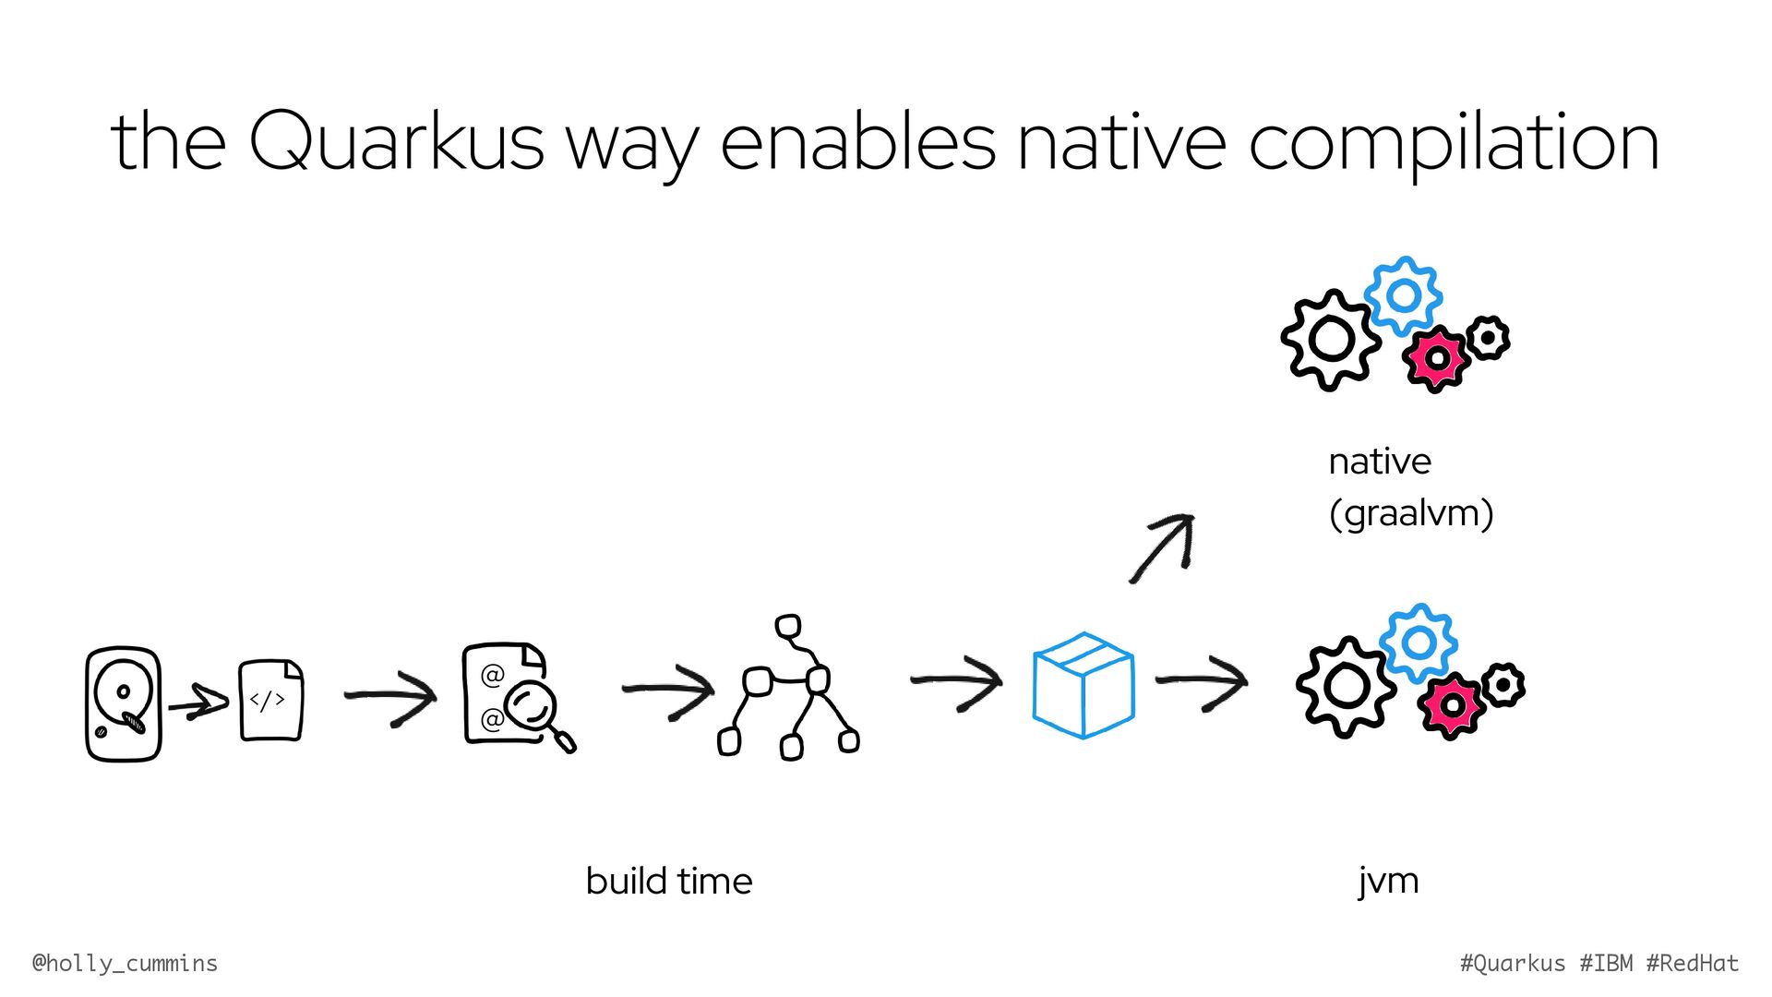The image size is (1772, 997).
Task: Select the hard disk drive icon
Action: [x=124, y=703]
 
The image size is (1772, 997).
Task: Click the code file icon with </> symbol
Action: [x=270, y=700]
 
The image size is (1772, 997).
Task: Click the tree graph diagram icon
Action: [x=788, y=688]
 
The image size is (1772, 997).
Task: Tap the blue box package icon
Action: [x=1083, y=685]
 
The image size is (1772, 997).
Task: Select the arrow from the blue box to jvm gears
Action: [x=1202, y=682]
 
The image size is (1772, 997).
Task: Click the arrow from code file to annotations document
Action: [x=389, y=695]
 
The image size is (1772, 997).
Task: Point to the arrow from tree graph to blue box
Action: [x=956, y=682]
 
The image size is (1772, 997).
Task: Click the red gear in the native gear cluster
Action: [x=1435, y=358]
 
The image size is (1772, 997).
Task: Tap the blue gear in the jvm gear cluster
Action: [x=1419, y=643]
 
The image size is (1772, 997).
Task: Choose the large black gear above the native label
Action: [x=1330, y=339]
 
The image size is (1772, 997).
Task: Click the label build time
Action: [x=669, y=881]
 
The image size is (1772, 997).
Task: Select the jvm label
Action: [x=1388, y=881]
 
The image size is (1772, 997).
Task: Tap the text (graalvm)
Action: [x=1410, y=513]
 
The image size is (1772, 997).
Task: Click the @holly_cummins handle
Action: [x=126, y=964]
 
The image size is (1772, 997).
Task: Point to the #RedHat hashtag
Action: [x=1692, y=964]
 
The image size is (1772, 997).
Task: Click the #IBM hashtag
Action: [x=1606, y=964]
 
